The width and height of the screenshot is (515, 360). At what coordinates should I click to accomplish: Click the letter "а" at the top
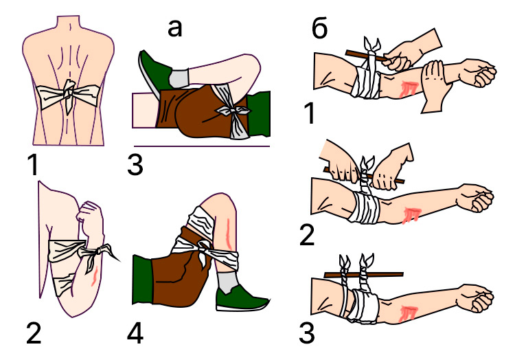tap(174, 29)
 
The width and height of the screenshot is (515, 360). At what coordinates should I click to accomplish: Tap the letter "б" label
tap(319, 29)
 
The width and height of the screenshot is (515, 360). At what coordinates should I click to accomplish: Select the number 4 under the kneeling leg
tap(135, 333)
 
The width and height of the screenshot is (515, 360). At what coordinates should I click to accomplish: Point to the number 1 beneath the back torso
tap(34, 165)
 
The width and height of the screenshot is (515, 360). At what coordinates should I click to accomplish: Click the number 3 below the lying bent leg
tap(135, 165)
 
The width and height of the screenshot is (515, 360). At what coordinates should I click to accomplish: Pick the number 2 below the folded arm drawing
tap(34, 333)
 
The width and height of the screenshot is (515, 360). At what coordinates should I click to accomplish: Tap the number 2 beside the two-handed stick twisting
tap(307, 236)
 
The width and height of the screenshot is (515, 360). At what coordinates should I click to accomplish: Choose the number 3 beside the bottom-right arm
tap(307, 333)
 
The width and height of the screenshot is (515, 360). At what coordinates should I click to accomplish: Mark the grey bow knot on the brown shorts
tap(233, 113)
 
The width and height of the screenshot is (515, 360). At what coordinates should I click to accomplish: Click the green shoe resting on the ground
tap(242, 299)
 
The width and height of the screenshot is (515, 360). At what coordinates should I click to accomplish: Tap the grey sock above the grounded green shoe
tap(228, 282)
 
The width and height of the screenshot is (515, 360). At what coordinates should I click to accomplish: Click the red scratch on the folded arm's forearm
tap(95, 276)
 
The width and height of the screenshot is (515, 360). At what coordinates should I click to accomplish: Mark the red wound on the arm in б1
tap(409, 89)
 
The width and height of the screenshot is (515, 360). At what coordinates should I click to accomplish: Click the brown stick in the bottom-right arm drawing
tap(363, 275)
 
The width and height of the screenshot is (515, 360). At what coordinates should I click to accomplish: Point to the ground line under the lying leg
tap(202, 146)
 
